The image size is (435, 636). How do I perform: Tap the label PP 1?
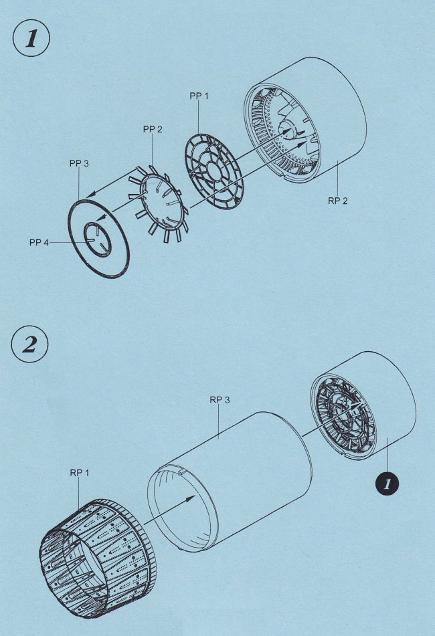click(x=199, y=96)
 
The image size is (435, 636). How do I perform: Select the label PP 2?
click(x=153, y=129)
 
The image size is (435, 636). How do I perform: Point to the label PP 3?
click(x=79, y=163)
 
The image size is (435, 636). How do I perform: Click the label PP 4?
click(x=39, y=243)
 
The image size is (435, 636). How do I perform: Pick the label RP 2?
click(x=337, y=201)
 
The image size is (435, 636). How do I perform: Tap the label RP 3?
click(x=220, y=399)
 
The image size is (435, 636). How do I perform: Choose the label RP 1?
click(x=80, y=473)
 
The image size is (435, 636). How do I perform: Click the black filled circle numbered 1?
click(x=387, y=483)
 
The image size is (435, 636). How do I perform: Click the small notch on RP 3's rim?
click(x=182, y=472)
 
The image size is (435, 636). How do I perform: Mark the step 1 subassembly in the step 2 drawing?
click(x=363, y=406)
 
